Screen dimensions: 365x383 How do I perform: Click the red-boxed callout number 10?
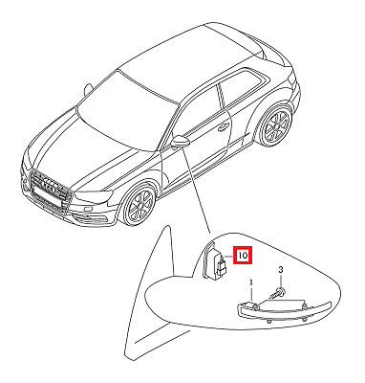(x=243, y=256)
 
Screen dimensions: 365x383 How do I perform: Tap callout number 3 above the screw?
(x=280, y=270)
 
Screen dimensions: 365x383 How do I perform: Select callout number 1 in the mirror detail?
(x=251, y=282)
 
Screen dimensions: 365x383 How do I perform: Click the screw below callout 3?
(x=278, y=292)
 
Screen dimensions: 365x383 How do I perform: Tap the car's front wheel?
(x=140, y=205)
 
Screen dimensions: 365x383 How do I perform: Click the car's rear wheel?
(x=275, y=125)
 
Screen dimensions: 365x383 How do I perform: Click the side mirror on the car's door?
(x=181, y=142)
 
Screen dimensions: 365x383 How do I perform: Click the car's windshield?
(x=127, y=112)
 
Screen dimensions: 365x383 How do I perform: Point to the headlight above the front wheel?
(x=95, y=196)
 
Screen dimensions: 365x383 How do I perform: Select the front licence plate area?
(x=47, y=198)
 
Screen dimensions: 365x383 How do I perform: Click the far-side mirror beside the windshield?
(x=88, y=89)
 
